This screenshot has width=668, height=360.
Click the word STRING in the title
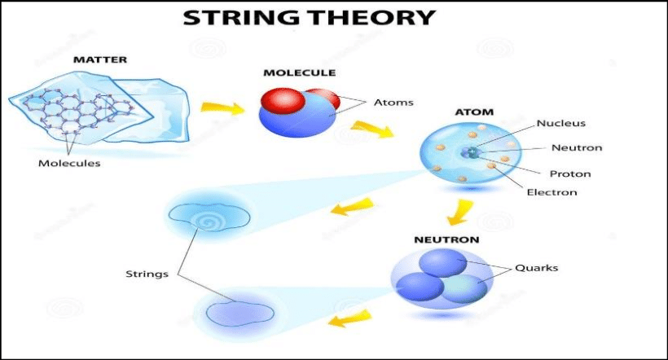(x=242, y=18)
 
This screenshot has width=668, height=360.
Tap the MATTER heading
(x=100, y=59)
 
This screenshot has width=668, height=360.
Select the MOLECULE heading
(x=300, y=72)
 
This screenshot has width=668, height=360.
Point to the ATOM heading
(x=474, y=112)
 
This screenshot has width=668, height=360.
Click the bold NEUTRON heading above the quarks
(x=447, y=239)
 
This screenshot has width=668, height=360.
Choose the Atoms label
(x=393, y=103)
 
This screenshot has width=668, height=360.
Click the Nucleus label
(x=561, y=123)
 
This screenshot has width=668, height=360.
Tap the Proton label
(x=570, y=173)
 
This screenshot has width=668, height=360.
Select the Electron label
(x=552, y=192)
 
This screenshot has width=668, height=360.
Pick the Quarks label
(x=536, y=268)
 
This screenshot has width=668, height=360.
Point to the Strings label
(x=147, y=274)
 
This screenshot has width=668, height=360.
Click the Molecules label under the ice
(x=69, y=163)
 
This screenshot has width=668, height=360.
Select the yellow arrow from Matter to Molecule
(x=222, y=108)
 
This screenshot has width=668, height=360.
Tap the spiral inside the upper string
(x=208, y=222)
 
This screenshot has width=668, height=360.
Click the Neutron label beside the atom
(x=577, y=148)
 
